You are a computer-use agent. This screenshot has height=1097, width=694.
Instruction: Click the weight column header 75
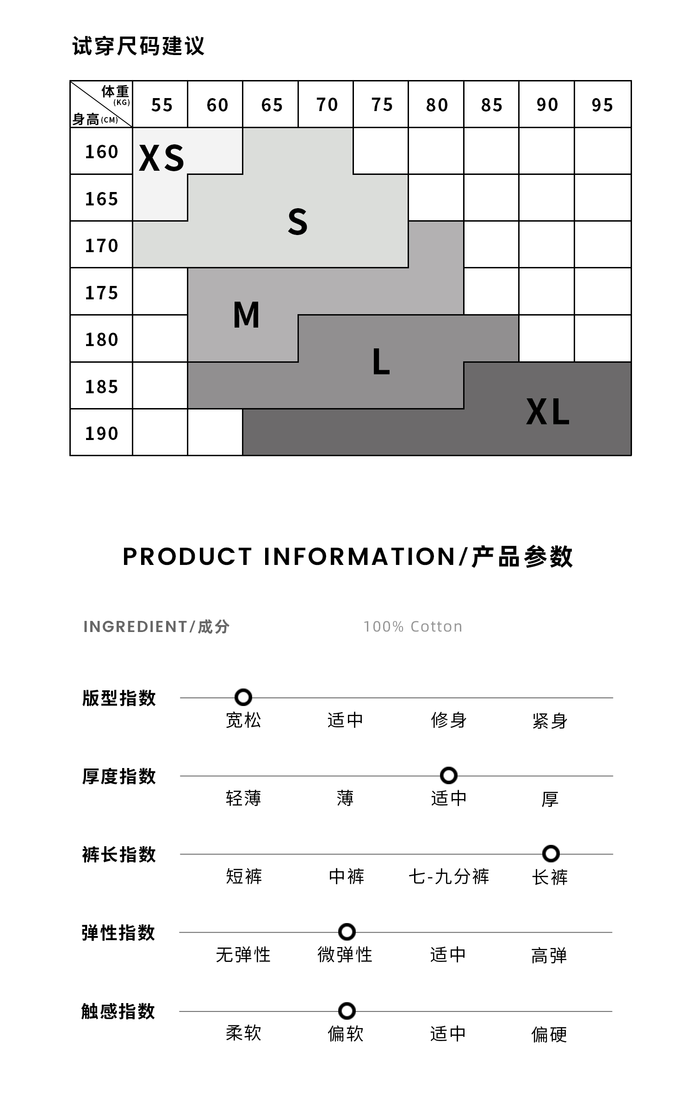pos(382,105)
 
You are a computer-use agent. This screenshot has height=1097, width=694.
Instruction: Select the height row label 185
pos(101,387)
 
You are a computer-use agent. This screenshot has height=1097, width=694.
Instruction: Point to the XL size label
pos(548,412)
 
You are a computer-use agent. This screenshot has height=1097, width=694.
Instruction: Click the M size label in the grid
pos(246,315)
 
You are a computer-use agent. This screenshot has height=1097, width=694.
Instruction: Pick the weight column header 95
pos(602,105)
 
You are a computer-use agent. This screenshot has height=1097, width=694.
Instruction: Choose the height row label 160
pos(101,152)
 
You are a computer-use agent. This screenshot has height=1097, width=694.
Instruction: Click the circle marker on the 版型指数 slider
pos(243,697)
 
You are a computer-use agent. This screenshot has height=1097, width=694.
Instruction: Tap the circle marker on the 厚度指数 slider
pos(448,775)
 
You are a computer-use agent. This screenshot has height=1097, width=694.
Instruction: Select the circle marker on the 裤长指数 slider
pos(551,853)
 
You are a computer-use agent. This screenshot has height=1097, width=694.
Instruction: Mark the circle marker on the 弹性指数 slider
pos(347,931)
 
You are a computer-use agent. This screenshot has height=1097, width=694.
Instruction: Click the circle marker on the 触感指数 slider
pos(347,1010)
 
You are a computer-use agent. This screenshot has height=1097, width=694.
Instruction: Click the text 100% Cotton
pos(413,626)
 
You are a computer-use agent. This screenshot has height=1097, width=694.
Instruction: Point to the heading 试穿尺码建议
pos(138,46)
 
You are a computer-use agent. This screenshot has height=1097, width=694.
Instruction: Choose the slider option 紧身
pos(550,720)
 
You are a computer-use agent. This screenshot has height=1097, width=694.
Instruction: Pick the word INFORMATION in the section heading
pos(359,556)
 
